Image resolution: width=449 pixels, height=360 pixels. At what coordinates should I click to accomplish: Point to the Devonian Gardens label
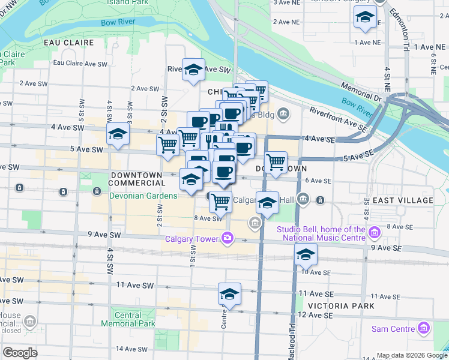pyautogui.click(x=143, y=196)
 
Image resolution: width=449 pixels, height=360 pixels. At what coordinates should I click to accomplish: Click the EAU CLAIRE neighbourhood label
pyautogui.click(x=69, y=43)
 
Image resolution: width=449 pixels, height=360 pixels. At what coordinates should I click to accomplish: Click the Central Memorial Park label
pyautogui.click(x=128, y=319)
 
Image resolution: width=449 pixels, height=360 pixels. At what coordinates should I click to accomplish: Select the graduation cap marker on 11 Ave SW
pyautogui.click(x=229, y=295)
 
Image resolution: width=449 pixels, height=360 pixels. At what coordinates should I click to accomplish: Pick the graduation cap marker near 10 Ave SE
pyautogui.click(x=306, y=255)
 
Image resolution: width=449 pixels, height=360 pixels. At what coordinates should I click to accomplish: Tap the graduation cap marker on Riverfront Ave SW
pyautogui.click(x=193, y=70)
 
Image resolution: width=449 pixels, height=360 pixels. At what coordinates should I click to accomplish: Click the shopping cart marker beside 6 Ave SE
pyautogui.click(x=276, y=162)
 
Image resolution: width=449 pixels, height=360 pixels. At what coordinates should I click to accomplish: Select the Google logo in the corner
pyautogui.click(x=20, y=353)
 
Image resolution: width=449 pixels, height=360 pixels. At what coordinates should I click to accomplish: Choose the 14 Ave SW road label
pyautogui.click(x=132, y=349)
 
